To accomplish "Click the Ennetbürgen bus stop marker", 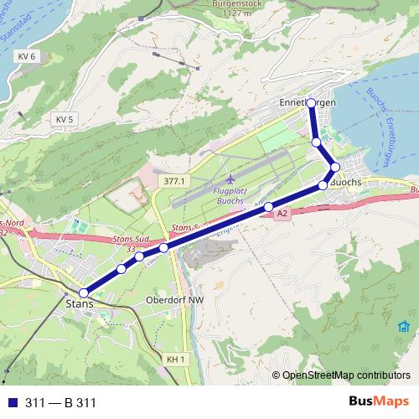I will [x=311, y=103].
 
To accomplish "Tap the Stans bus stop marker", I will [x=83, y=292].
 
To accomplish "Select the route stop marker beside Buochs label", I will [x=323, y=184].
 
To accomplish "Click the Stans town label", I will [x=78, y=304].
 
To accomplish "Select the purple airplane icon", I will [x=230, y=180].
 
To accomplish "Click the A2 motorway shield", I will [x=282, y=215].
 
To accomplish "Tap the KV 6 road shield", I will [x=27, y=56].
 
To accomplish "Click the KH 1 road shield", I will [x=174, y=360].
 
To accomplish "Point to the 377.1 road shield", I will [x=173, y=181].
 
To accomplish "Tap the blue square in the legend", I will [x=11, y=402].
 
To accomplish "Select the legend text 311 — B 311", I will [x=60, y=402].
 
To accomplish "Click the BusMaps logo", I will [x=379, y=401].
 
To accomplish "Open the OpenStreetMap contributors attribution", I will [x=346, y=376].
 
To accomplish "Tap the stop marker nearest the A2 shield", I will [x=269, y=207].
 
